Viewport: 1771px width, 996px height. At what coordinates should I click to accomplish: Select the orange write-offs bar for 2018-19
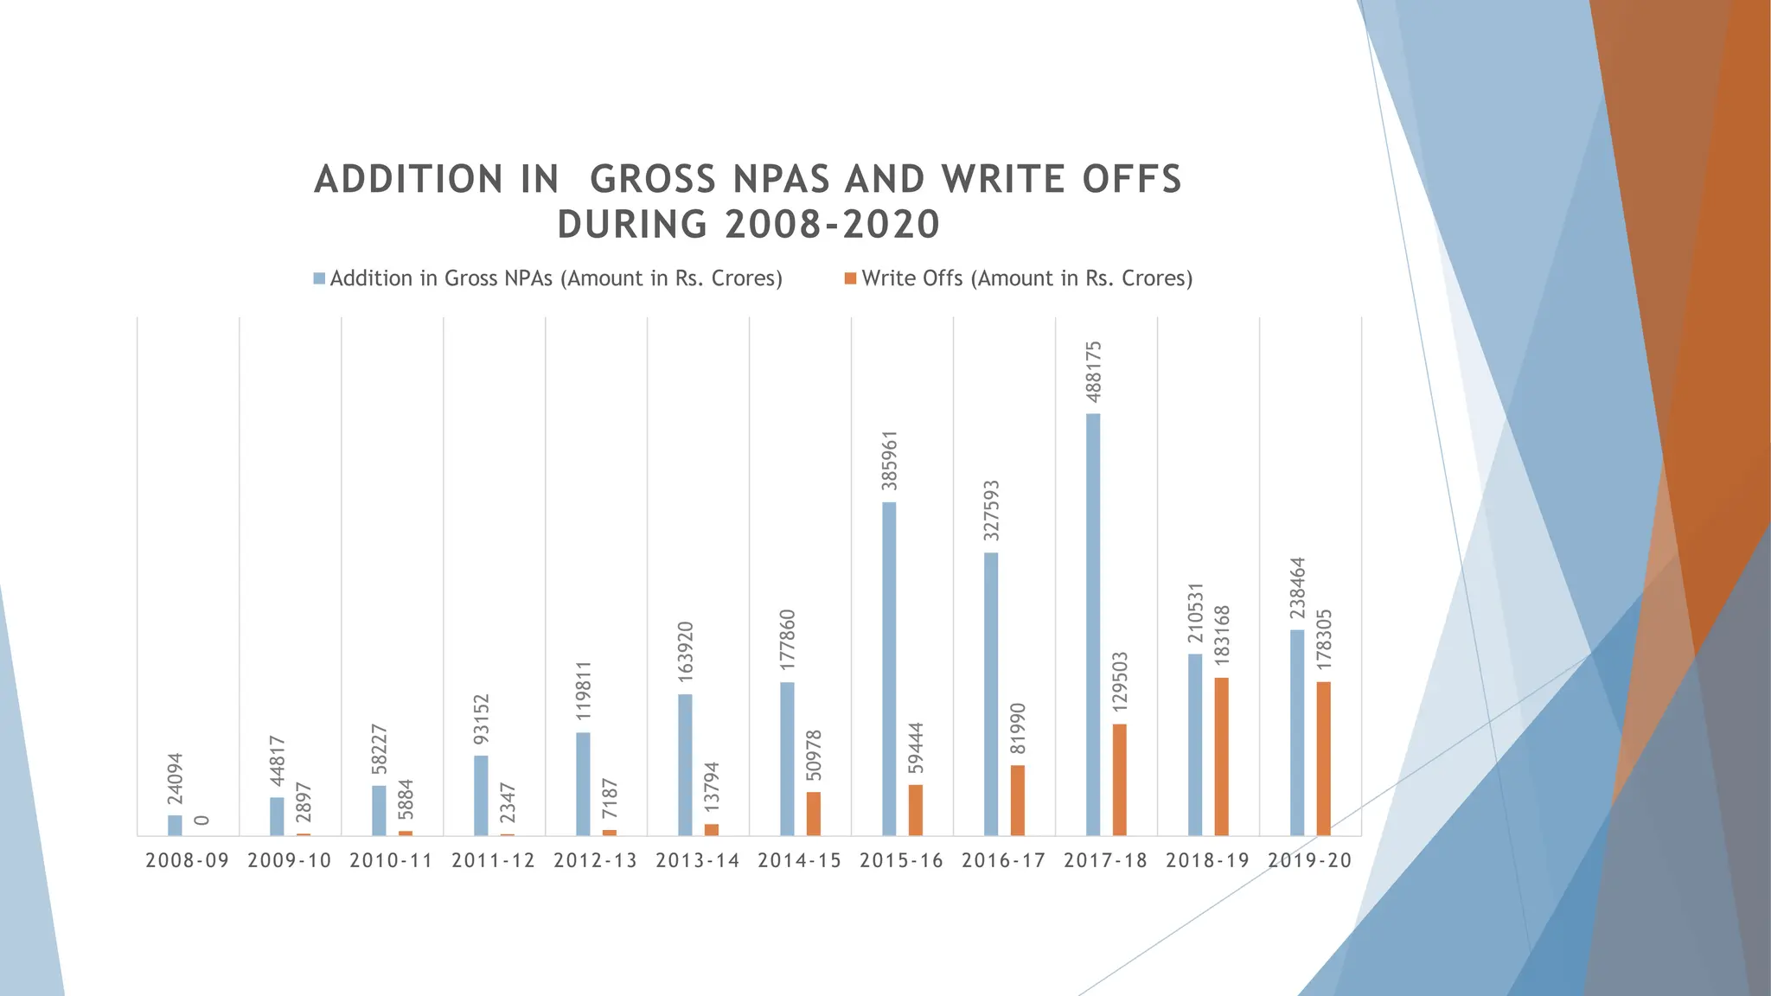[1221, 757]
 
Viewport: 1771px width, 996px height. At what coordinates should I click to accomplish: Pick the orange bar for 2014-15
[813, 814]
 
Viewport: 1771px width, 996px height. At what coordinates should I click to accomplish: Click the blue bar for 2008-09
[175, 825]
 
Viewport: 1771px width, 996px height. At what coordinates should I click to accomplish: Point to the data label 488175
[1094, 372]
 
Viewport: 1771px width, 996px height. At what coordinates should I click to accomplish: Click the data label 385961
[890, 461]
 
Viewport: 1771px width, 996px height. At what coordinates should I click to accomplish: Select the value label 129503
[1120, 682]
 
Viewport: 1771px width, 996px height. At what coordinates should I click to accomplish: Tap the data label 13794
[712, 787]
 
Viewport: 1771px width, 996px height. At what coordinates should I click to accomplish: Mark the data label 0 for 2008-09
[201, 820]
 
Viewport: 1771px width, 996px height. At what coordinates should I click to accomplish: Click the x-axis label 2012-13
[595, 861]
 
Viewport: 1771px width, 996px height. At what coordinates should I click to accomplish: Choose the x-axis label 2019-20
[1309, 861]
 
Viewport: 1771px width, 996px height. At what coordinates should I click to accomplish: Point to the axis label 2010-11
[391, 861]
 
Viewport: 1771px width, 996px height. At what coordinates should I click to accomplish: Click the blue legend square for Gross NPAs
[319, 279]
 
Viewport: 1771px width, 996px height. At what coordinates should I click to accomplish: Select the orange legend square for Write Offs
[850, 279]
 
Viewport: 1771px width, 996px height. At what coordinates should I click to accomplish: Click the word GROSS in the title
[652, 180]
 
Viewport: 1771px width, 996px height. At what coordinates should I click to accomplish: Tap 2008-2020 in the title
[832, 225]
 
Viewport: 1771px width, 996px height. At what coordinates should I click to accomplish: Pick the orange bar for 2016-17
[1017, 800]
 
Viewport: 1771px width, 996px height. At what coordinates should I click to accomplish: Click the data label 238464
[1298, 588]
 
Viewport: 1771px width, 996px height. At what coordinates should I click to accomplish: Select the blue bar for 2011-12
[481, 795]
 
